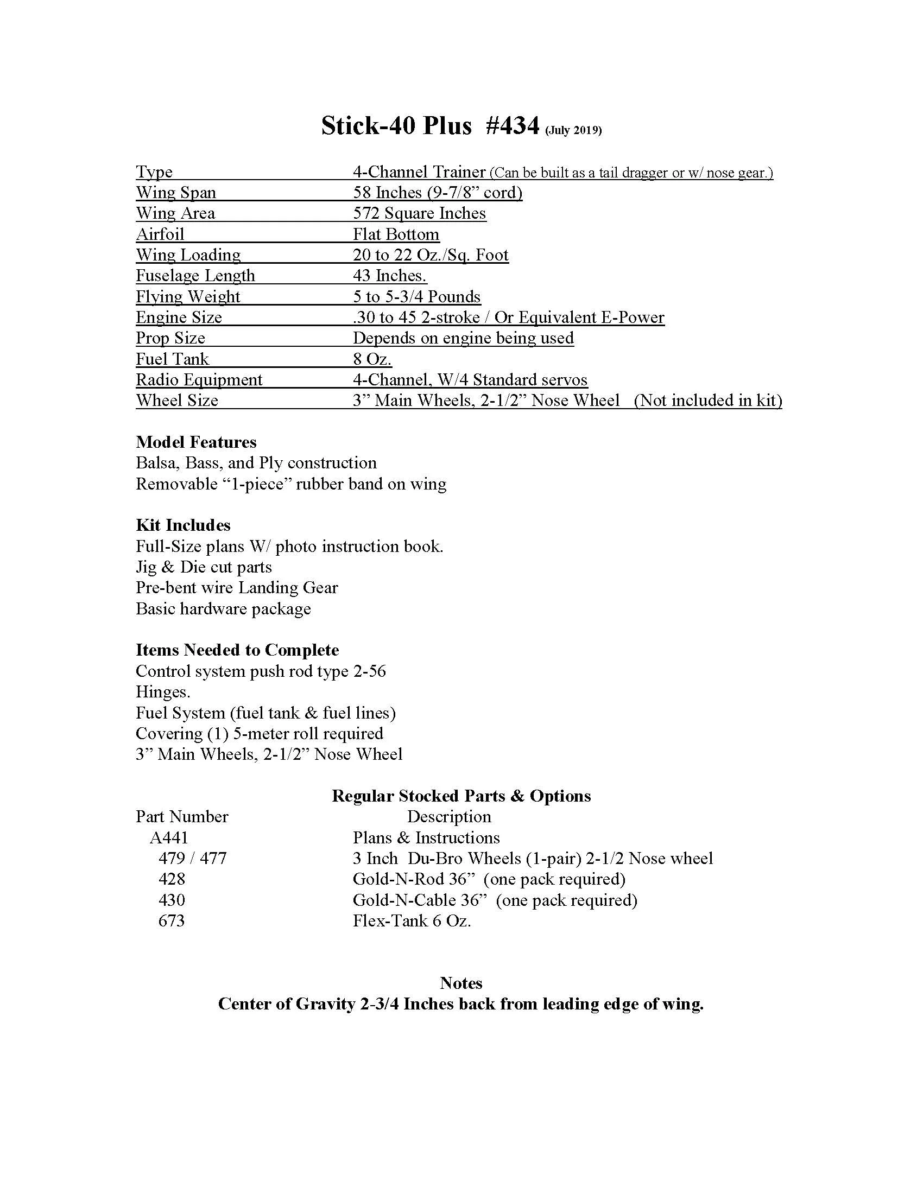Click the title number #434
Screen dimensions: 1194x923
(513, 126)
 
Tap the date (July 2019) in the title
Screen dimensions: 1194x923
(573, 130)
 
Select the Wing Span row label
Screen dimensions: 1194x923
(175, 193)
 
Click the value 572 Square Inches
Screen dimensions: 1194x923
(419, 213)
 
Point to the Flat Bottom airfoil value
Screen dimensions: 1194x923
(396, 234)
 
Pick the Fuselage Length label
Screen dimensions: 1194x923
(195, 276)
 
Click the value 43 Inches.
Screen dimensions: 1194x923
(389, 276)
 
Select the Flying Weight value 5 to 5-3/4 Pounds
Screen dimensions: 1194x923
(416, 296)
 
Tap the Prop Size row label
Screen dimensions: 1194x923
(170, 338)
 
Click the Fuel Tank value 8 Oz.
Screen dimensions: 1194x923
(372, 359)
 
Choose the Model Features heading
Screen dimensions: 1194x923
(196, 442)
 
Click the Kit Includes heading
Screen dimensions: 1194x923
(182, 525)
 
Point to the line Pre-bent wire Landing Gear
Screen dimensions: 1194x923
(237, 588)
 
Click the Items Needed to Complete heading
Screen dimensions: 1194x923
(237, 650)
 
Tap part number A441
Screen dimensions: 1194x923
(168, 837)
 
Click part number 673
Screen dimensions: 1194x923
(171, 921)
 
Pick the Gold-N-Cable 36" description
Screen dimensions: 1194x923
(494, 900)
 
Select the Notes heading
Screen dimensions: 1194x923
(461, 983)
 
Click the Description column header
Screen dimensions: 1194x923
(449, 817)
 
